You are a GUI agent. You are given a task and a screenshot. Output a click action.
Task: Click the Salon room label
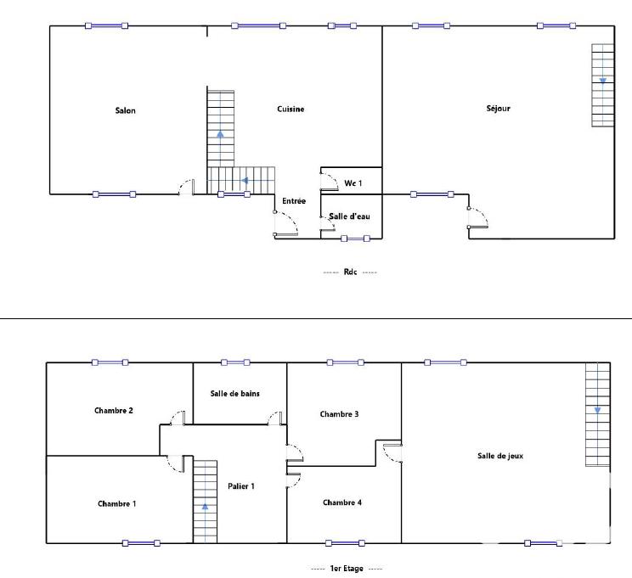coord(126,111)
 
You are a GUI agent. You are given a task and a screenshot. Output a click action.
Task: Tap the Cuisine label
coord(291,109)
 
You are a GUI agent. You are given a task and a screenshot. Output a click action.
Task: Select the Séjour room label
coord(499,109)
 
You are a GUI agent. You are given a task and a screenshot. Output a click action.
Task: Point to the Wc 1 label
coord(353,183)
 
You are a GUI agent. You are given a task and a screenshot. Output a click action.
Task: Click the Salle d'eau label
coord(350,217)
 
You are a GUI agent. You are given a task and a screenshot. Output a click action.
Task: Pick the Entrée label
coord(294,201)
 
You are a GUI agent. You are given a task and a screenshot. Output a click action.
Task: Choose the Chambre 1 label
coord(117,503)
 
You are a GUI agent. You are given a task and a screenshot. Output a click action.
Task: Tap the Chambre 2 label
coord(113,411)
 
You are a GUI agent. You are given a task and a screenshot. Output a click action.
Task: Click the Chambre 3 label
coord(339,414)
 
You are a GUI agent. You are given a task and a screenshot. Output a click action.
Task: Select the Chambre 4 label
coord(342,502)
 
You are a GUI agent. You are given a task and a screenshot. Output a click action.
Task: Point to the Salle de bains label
coord(235,393)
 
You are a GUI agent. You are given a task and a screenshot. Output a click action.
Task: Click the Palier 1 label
coord(241,485)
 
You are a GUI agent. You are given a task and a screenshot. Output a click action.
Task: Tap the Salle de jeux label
coord(500,456)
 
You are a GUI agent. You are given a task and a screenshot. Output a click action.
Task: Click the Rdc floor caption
coord(350,272)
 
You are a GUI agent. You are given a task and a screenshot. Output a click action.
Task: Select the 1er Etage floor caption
coord(347,569)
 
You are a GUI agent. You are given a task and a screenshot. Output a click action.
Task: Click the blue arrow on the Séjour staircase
coord(603,81)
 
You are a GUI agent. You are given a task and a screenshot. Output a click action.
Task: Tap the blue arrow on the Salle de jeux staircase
coord(597,410)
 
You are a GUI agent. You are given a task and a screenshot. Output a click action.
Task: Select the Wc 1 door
coord(326,181)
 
